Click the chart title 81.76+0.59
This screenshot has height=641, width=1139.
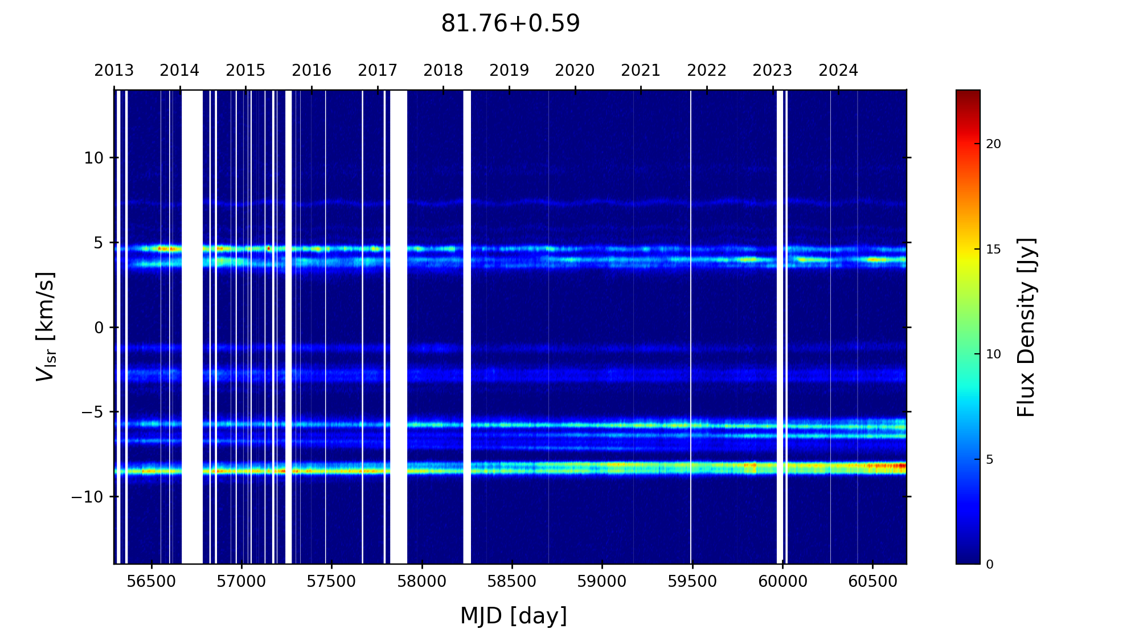(510, 24)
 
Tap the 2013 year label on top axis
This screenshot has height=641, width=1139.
(114, 71)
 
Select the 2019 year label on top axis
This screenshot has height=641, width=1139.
(509, 71)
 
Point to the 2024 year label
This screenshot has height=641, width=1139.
(838, 71)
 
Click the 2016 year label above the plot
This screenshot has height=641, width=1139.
(312, 71)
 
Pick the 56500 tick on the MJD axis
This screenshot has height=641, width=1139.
(151, 582)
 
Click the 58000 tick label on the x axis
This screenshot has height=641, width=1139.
(422, 582)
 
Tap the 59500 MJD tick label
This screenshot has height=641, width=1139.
(692, 582)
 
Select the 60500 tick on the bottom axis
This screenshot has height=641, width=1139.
(872, 582)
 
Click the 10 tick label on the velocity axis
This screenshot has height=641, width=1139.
(93, 158)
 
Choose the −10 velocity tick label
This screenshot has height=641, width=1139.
(88, 497)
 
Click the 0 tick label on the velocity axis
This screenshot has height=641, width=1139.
(99, 328)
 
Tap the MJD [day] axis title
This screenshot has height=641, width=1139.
(514, 616)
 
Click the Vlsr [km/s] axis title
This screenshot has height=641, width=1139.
(46, 326)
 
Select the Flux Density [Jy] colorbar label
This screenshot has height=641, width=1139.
(1026, 327)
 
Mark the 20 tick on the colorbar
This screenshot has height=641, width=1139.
(993, 144)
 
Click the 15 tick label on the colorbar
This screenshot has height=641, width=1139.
(993, 250)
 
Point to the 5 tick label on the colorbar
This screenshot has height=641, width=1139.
(990, 459)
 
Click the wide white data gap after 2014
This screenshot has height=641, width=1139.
(192, 326)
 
